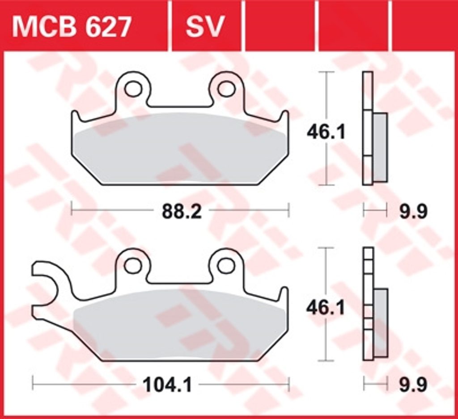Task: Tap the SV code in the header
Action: point(205,27)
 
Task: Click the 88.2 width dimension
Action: point(182,212)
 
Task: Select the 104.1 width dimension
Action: point(167,385)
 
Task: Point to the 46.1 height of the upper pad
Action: point(326,132)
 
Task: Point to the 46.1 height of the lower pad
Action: point(326,308)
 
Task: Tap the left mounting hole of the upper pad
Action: point(133,89)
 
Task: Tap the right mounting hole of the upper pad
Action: point(226,89)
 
